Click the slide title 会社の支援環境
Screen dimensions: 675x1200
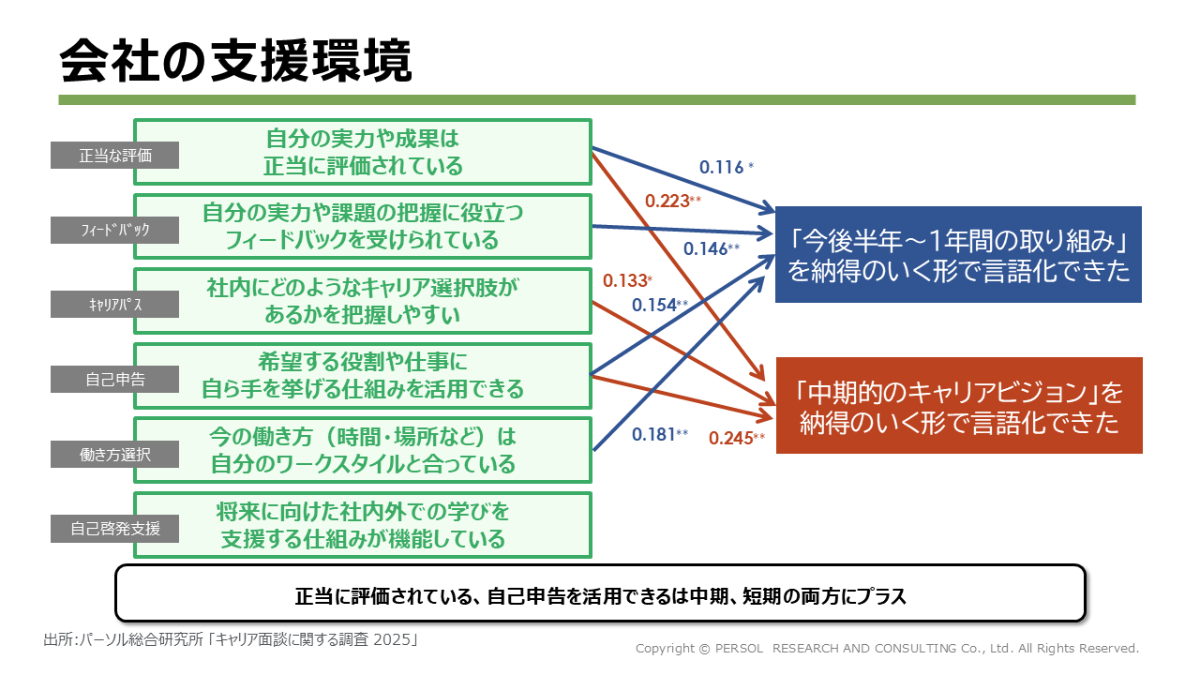(x=235, y=63)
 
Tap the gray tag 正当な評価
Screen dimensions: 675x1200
(x=114, y=155)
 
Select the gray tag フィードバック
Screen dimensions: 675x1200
(x=114, y=229)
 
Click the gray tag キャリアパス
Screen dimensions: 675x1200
(x=114, y=304)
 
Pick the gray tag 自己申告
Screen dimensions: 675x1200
(x=114, y=379)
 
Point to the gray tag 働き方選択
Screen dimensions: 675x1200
(x=114, y=454)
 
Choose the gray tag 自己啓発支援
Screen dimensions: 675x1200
(x=114, y=528)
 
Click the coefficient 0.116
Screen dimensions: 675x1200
(x=722, y=168)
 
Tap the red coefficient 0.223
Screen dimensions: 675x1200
(x=667, y=200)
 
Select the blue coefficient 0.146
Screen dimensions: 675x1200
(x=706, y=249)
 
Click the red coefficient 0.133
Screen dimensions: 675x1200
(x=624, y=280)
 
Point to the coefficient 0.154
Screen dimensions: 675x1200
(x=654, y=305)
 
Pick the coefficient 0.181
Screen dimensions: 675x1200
(x=654, y=434)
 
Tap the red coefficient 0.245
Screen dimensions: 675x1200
(x=731, y=438)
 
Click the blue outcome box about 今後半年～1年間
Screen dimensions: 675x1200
(x=957, y=255)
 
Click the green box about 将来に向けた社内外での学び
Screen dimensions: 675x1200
(x=362, y=525)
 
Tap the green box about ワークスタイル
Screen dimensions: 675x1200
(x=362, y=450)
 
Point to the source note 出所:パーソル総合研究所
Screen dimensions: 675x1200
(x=230, y=640)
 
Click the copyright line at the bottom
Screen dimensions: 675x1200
(x=887, y=648)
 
